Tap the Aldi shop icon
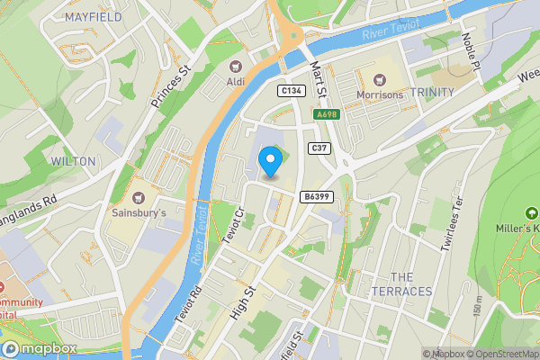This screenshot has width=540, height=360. tap(237, 65)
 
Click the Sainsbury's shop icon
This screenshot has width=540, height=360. tap(139, 196)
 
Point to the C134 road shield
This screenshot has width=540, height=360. tap(290, 91)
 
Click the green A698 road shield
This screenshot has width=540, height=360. tap(326, 115)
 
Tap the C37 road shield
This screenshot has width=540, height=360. tap(319, 148)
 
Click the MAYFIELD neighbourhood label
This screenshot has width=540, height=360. tap(94, 17)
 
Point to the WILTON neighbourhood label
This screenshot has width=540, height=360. tap(73, 160)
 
